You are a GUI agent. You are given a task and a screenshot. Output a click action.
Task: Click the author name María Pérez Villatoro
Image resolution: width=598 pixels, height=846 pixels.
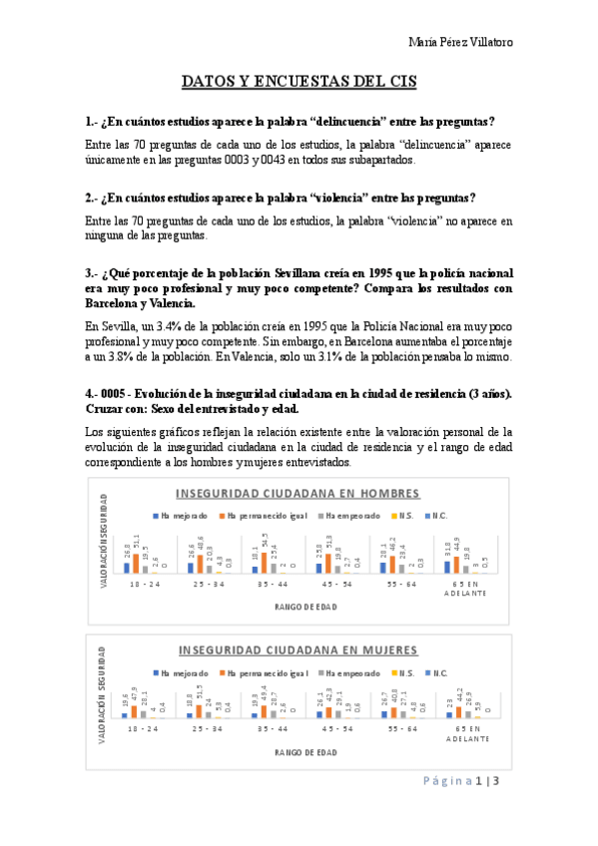pyautogui.click(x=460, y=42)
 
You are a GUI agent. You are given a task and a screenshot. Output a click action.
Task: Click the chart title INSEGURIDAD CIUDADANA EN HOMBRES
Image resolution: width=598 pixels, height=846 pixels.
pyautogui.click(x=298, y=494)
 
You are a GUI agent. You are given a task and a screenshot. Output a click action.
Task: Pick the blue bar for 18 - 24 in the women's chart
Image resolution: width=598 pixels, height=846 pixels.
pyautogui.click(x=125, y=714)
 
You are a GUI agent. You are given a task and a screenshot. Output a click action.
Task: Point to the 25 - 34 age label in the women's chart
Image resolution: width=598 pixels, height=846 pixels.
pyautogui.click(x=202, y=729)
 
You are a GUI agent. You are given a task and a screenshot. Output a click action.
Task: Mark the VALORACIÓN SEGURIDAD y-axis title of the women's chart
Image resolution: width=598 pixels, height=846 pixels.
pyautogui.click(x=103, y=683)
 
